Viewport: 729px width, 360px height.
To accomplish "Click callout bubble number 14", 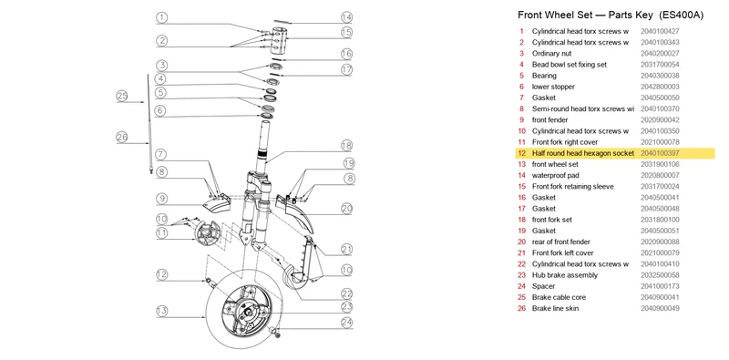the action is (x=347, y=17).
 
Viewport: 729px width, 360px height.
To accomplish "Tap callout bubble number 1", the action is (x=161, y=17).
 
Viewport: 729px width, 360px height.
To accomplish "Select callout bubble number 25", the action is (x=122, y=97).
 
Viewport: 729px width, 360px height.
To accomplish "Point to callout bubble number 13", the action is (x=161, y=311).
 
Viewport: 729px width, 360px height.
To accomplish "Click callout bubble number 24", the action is (x=347, y=322).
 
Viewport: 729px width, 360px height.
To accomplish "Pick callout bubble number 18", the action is (x=347, y=146).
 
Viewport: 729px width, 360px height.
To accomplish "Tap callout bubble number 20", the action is (x=347, y=209).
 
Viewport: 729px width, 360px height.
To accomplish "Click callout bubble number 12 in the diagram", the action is (x=161, y=274).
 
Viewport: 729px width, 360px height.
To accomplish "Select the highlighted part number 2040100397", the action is (x=660, y=153).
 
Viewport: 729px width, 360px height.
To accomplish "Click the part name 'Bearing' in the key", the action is (x=544, y=76).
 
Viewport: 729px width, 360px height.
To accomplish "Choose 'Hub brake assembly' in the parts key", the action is (x=565, y=275).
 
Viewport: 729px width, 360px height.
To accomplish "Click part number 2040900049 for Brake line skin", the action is (x=660, y=308).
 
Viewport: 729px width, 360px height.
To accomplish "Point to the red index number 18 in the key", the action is (x=521, y=220).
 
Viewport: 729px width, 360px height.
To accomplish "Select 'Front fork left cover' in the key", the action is (x=562, y=253).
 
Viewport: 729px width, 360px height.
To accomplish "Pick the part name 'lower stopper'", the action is (x=553, y=87).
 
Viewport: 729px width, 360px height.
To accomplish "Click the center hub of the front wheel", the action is (x=246, y=311).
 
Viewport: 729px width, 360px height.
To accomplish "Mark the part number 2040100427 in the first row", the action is (x=660, y=31).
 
